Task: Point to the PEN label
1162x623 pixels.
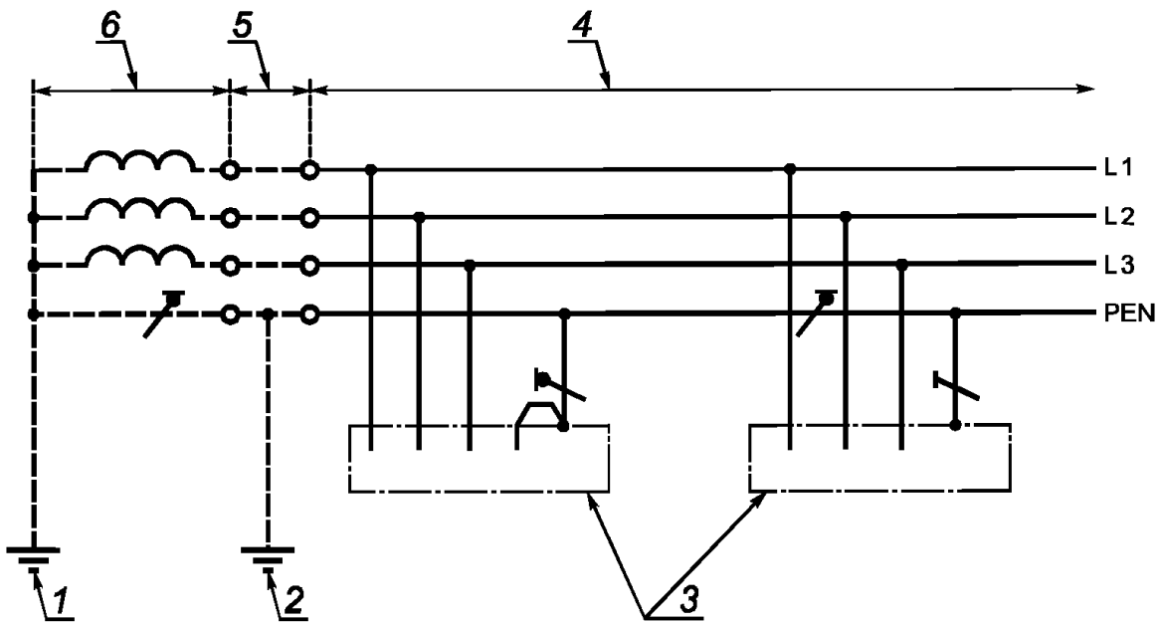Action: [x=1129, y=313]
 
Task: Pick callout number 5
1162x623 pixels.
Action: [x=244, y=27]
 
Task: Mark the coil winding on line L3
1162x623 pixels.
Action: [x=141, y=256]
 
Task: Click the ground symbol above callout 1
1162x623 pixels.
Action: [x=34, y=558]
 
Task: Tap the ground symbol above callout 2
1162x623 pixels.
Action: [x=269, y=558]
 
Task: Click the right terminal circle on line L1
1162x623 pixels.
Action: [x=309, y=170]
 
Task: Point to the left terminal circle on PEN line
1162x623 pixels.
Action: [x=231, y=314]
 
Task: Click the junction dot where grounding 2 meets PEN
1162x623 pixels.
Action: [x=269, y=314]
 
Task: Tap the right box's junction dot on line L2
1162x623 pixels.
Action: [x=847, y=217]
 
